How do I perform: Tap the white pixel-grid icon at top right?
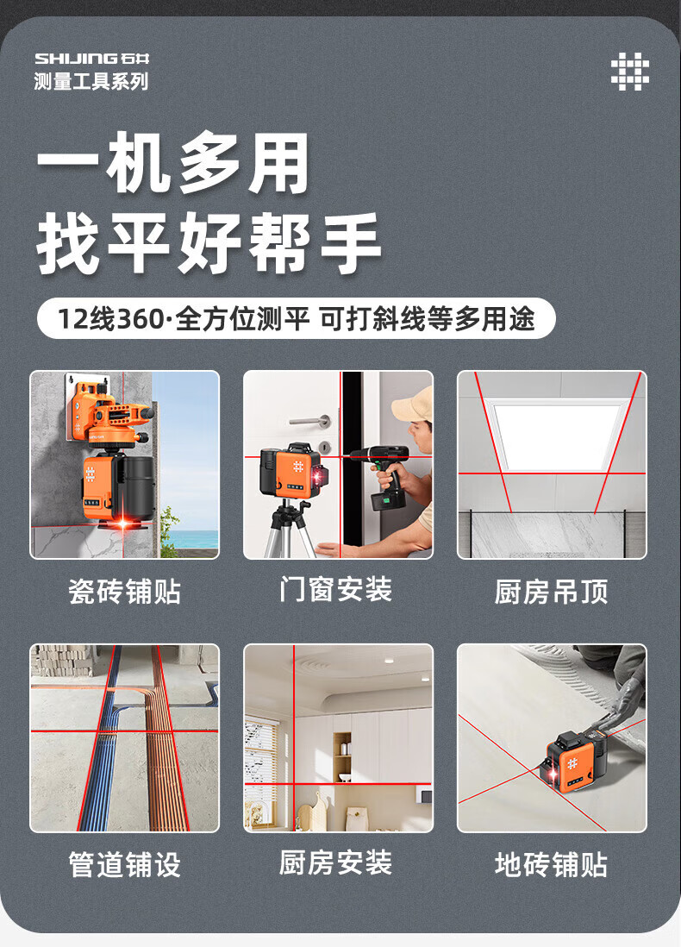(x=629, y=72)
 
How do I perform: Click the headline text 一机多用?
(x=173, y=163)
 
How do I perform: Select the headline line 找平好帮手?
(x=209, y=243)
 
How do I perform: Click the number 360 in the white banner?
(x=140, y=319)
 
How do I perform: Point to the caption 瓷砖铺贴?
(x=124, y=592)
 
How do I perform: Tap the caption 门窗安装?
(x=336, y=589)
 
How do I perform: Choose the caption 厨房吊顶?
(x=551, y=592)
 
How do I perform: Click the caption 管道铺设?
(x=124, y=865)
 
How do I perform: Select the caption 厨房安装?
(x=336, y=862)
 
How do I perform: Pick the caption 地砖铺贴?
(x=551, y=865)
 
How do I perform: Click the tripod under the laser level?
(x=290, y=530)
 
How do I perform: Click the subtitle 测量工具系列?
(x=91, y=81)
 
